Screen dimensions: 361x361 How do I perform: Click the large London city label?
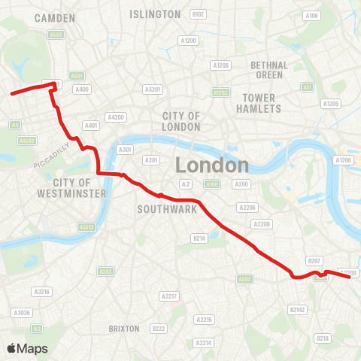[x=212, y=165]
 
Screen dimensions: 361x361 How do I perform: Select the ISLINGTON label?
[x=155, y=14]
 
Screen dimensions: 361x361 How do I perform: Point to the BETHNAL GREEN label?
[x=268, y=70]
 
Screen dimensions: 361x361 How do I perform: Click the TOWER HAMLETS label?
[x=261, y=103]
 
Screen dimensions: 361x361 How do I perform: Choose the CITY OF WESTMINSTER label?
[x=72, y=188]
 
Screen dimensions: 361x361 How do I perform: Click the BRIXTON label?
[x=124, y=329]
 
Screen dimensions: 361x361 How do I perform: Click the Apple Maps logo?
[x=27, y=348]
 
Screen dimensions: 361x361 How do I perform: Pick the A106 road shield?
[x=312, y=15]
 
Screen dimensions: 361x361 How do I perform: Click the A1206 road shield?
[x=343, y=160]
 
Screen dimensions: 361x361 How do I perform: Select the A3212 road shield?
[x=86, y=226]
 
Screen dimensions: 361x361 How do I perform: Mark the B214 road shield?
[x=199, y=238]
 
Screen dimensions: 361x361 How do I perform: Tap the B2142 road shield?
[x=298, y=309]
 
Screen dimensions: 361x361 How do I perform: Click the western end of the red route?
[x=11, y=94]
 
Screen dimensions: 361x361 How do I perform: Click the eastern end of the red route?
[x=350, y=278]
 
